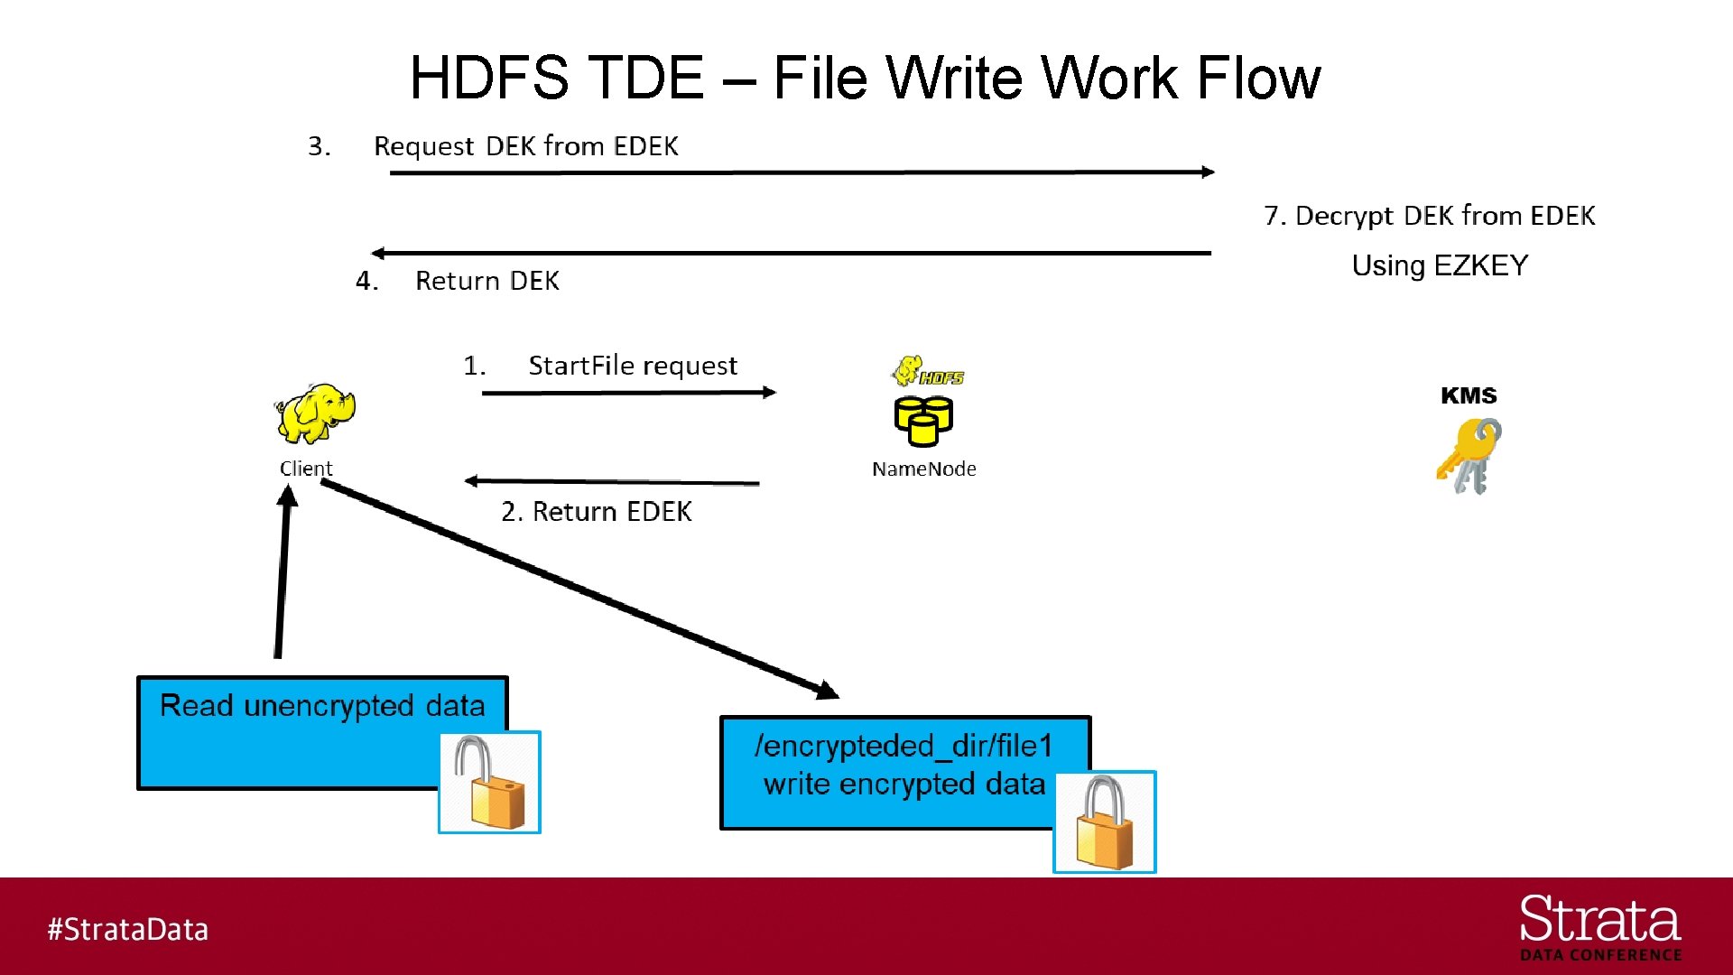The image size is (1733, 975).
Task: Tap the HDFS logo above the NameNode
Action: tap(928, 371)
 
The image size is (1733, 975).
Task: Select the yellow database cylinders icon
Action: tap(922, 421)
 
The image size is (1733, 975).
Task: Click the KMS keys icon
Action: tap(1469, 456)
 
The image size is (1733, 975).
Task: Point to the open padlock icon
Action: tap(489, 783)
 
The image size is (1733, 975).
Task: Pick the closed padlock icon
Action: tap(1105, 822)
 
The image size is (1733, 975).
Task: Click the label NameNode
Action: tap(923, 469)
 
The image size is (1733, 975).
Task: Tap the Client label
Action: tap(306, 469)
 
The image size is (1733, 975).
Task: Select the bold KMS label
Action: tap(1469, 395)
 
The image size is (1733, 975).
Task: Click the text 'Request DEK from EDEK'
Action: tap(525, 146)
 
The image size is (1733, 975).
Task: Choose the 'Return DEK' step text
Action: tap(487, 281)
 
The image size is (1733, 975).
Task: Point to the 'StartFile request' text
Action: tap(632, 366)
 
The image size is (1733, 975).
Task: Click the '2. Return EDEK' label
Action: tap(596, 512)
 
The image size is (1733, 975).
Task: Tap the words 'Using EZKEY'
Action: tap(1440, 265)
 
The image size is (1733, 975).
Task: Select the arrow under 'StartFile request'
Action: tap(629, 393)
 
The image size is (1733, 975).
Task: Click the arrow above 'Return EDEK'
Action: tap(612, 482)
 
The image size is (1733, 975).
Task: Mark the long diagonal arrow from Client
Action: tap(578, 587)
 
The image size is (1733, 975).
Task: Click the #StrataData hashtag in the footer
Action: tap(128, 929)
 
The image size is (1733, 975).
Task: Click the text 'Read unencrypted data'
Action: tap(322, 705)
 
